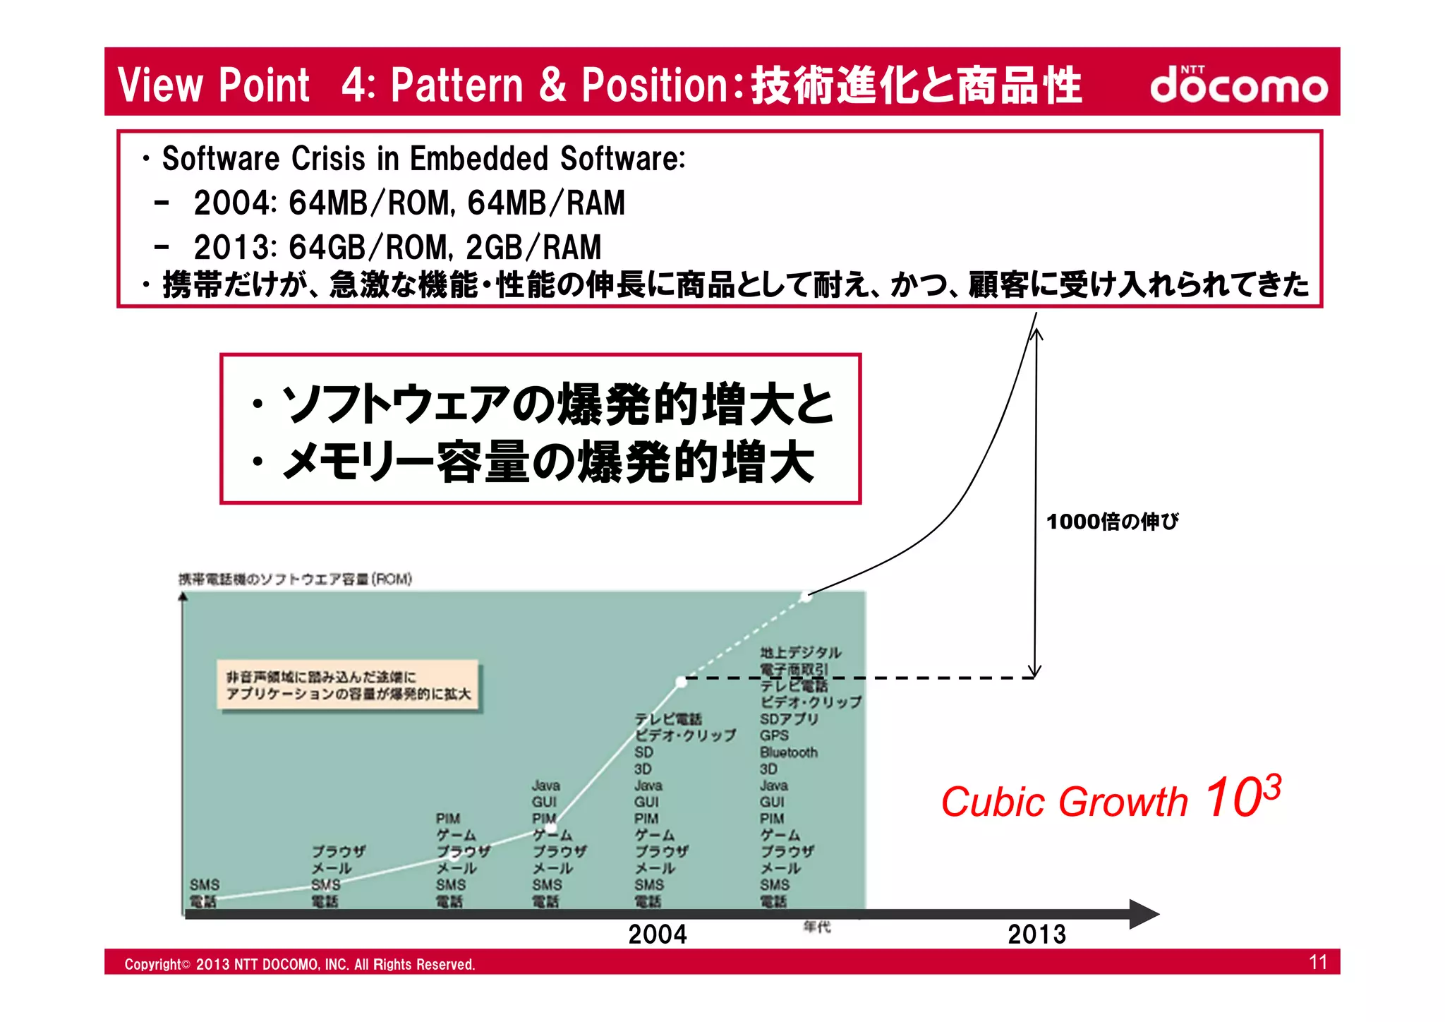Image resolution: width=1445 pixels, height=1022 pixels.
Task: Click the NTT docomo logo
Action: point(1238,85)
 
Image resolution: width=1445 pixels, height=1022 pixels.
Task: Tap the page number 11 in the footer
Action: point(1318,962)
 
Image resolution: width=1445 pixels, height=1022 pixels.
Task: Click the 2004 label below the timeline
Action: point(658,934)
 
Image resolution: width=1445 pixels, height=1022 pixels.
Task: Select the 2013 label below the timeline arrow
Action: point(1036,934)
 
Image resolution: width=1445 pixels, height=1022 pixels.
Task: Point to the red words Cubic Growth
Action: point(1064,802)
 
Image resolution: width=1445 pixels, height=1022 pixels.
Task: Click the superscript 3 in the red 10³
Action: point(1271,786)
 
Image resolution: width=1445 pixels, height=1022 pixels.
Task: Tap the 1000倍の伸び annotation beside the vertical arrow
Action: point(1112,522)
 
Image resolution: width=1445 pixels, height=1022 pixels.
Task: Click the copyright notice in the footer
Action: point(300,964)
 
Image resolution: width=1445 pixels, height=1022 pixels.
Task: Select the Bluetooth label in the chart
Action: point(788,752)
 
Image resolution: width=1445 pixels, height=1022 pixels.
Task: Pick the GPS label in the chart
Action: point(774,735)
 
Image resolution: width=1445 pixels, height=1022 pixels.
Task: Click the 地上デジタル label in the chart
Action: point(800,652)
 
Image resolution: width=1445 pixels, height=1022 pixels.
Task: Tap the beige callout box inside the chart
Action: point(348,685)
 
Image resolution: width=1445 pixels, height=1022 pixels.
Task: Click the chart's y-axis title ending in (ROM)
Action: point(295,579)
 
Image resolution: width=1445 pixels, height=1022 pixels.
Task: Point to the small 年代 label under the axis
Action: point(817,927)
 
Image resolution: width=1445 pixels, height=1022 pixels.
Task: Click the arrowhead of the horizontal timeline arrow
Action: point(1144,914)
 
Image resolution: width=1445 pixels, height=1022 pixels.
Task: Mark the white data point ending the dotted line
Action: point(806,596)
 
